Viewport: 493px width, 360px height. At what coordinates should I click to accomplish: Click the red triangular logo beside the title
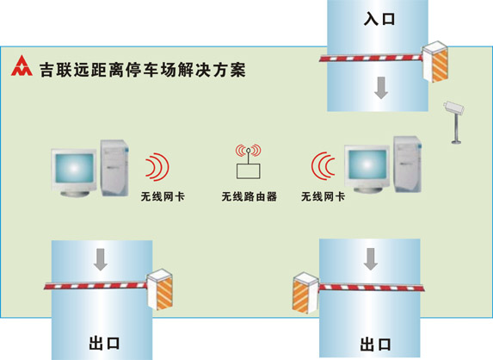[22, 65]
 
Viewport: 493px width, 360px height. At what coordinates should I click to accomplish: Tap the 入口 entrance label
[379, 18]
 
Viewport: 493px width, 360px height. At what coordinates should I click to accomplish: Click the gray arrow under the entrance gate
[381, 88]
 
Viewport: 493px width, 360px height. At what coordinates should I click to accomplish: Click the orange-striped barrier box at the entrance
[434, 61]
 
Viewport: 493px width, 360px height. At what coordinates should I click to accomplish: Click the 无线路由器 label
[249, 196]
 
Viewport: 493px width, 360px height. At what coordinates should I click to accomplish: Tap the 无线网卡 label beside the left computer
[163, 196]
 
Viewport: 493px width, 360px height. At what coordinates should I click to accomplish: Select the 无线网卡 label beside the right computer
[323, 196]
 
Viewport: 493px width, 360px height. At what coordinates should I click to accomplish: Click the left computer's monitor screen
[74, 168]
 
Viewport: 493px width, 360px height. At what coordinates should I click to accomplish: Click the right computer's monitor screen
[367, 164]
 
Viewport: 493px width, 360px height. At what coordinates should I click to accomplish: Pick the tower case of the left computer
[114, 168]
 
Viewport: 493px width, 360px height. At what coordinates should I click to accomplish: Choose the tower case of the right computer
[408, 164]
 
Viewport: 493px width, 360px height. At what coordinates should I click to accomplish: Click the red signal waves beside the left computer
[157, 167]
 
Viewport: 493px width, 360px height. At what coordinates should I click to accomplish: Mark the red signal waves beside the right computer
[324, 165]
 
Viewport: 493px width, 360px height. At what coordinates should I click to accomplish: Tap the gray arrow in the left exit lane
[101, 259]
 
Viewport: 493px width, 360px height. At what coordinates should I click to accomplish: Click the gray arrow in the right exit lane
[371, 259]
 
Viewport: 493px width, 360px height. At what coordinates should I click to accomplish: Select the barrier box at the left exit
[160, 289]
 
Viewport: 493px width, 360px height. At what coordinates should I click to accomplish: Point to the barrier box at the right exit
[305, 293]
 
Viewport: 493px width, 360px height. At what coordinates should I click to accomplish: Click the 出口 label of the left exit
[104, 343]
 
